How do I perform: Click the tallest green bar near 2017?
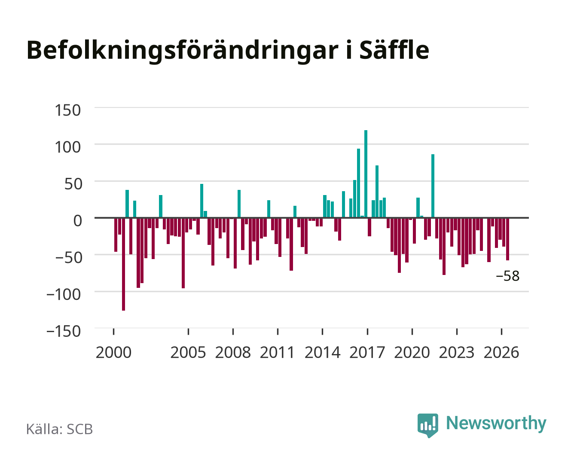366,174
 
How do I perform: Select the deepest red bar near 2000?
123,264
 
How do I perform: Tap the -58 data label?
507,276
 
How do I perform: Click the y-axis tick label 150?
67,110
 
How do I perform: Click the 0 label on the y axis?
78,221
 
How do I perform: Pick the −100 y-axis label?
64,294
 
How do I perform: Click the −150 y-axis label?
64,331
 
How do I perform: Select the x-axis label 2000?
113,352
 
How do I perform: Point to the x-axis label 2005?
188,352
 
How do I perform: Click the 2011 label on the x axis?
277,352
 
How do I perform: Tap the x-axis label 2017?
367,352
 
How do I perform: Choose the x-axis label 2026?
501,352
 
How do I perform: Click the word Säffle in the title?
394,50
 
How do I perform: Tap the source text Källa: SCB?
60,429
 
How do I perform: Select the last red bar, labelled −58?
507,239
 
